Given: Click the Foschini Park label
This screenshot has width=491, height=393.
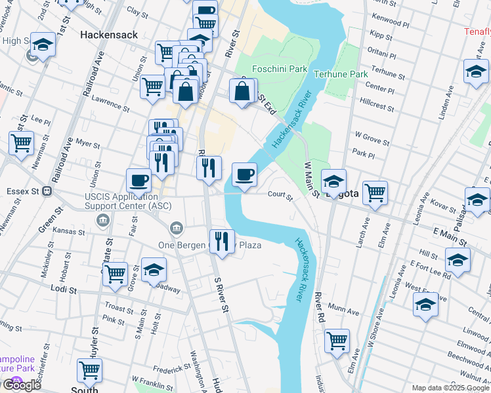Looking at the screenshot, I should pos(280,68).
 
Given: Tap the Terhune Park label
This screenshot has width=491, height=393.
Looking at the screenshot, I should pos(341,74).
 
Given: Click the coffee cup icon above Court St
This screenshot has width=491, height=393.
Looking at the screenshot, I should pos(244,175).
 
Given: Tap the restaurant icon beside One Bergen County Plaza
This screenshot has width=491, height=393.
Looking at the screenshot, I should pos(222,242).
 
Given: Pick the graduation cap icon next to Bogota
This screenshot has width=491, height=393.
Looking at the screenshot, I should pos(333,181).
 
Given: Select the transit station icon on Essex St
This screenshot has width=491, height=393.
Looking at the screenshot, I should pos(47,191).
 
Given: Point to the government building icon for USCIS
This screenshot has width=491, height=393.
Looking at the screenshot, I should pos(103,220).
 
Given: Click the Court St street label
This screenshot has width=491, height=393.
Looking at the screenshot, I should pos(280,194).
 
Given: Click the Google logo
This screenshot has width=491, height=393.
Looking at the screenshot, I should pos(21,385).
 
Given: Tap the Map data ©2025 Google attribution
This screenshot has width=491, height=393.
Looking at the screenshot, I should pos(450,388).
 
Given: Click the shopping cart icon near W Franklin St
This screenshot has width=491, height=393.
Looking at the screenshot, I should pos(89,370).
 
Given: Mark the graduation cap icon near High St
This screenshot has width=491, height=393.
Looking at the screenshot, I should pos(43,45).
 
